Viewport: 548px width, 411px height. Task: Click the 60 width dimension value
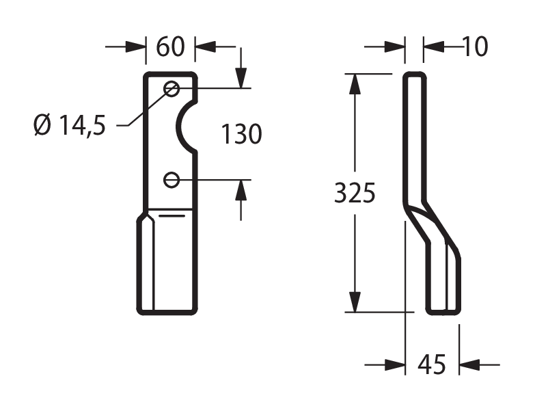pos(170,47)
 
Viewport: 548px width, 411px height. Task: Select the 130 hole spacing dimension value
pos(241,133)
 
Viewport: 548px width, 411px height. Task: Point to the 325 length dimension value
pos(355,193)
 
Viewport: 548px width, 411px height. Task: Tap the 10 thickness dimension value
pos(475,47)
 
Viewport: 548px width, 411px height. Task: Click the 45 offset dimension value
pos(432,364)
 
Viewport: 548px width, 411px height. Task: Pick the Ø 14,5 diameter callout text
pos(70,125)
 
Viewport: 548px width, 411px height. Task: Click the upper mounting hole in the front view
pos(172,89)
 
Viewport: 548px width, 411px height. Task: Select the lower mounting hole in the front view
pos(172,180)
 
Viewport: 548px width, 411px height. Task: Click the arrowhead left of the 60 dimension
pos(135,47)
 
